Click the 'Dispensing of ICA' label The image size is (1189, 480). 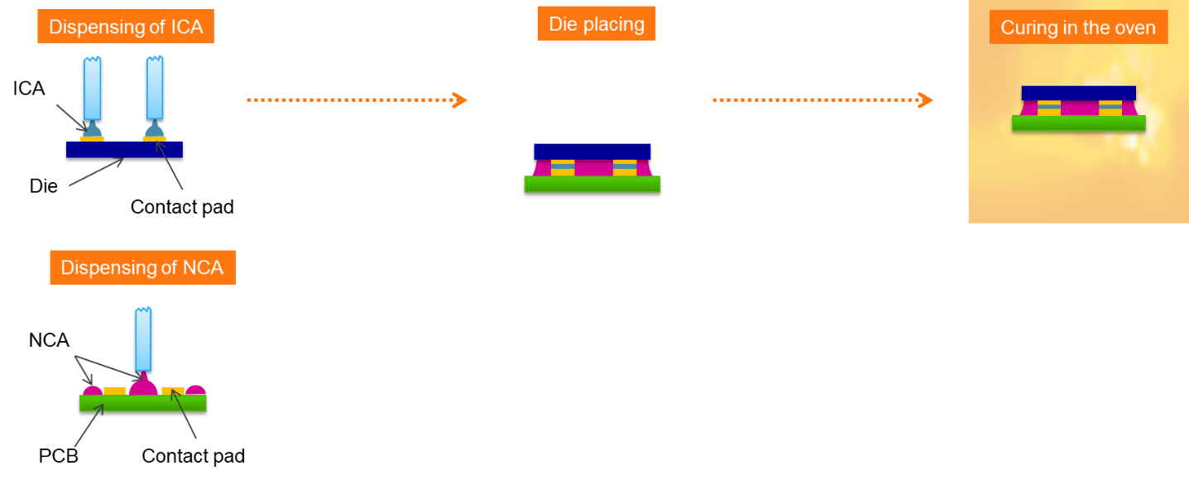[126, 26]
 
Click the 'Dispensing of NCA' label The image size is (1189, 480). [142, 267]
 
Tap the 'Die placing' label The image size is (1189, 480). [596, 23]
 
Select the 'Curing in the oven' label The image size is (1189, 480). [1077, 27]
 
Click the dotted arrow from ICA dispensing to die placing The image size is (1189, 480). [357, 100]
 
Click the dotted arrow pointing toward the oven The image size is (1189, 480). [822, 100]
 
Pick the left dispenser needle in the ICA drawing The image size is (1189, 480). [92, 88]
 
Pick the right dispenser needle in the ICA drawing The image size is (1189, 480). [155, 88]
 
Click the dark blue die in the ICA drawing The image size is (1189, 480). [124, 150]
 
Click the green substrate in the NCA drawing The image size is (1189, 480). [142, 403]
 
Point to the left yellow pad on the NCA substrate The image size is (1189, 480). [114, 391]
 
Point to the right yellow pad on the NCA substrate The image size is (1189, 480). [172, 391]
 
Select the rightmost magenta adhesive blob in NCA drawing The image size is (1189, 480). [195, 390]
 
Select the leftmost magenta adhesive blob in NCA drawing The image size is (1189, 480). [92, 391]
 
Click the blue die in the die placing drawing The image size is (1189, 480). [592, 151]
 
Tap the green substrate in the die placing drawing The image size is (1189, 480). [592, 184]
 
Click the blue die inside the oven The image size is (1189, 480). [1078, 93]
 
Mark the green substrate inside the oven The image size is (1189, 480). [1078, 123]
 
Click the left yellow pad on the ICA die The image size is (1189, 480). [92, 139]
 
